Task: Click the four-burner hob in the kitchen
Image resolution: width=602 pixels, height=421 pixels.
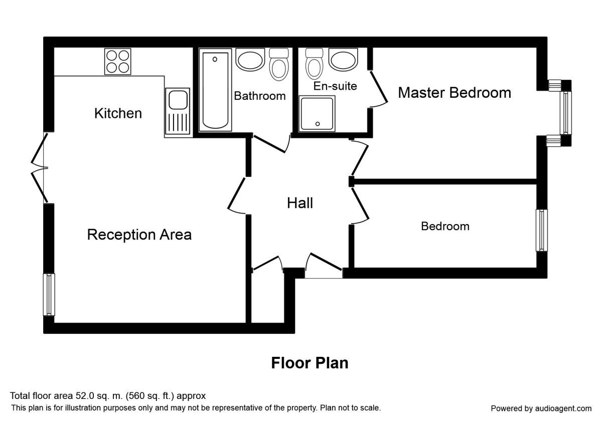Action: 118,62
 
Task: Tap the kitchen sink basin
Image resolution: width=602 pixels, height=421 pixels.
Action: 178,100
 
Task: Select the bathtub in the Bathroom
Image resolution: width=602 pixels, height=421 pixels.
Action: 215,90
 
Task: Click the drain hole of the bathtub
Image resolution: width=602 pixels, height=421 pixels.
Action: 215,59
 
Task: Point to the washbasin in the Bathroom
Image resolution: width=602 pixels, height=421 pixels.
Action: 250,60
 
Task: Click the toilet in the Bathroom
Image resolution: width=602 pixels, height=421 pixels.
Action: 279,65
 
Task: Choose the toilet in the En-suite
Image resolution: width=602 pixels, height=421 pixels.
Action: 314,64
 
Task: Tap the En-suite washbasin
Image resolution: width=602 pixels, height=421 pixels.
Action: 343,60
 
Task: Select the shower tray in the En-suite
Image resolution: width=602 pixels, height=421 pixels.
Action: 317,114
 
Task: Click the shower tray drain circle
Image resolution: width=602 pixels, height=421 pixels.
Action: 318,124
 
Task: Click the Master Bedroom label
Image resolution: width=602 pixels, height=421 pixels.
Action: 455,93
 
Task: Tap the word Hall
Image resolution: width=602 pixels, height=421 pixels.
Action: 300,203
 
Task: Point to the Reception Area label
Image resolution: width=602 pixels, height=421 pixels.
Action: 139,235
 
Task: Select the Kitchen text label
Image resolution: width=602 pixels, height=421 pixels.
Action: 118,113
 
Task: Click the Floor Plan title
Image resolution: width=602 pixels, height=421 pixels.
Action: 310,363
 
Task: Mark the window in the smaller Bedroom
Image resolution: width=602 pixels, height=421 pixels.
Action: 541,231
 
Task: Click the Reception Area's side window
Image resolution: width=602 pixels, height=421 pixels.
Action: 49,295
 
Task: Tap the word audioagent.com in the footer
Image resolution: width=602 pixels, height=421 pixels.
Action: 563,408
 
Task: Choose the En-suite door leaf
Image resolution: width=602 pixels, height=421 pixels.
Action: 379,87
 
